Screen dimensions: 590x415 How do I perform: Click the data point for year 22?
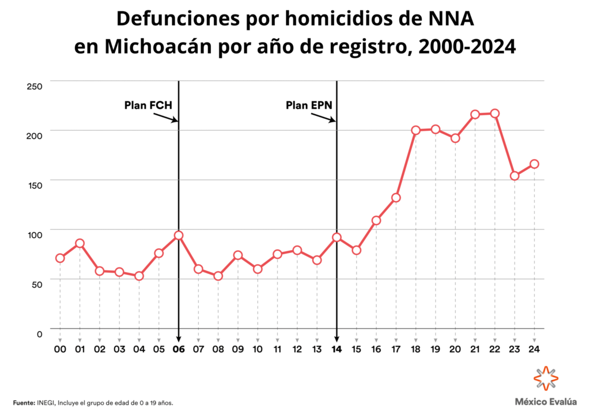point(495,114)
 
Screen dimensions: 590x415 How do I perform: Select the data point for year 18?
point(416,130)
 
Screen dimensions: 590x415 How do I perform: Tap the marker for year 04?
point(139,276)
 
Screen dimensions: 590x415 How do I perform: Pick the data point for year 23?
point(515,176)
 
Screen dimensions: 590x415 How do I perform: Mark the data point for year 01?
point(80,243)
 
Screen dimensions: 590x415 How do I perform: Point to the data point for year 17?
point(396,198)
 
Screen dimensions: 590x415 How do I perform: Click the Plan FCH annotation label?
point(148,105)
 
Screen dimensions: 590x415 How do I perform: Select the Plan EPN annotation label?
point(309,105)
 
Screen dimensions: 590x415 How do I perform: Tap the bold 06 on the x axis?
point(179,349)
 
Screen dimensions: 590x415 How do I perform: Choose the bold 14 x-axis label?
point(336,349)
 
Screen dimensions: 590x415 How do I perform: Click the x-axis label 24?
point(534,349)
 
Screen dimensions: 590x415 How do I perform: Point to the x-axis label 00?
point(60,349)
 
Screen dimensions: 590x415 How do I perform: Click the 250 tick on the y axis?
point(35,86)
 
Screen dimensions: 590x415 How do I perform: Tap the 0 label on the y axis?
point(40,334)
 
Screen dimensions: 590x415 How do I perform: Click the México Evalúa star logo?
point(546,378)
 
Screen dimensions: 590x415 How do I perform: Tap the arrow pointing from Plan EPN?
point(323,118)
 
